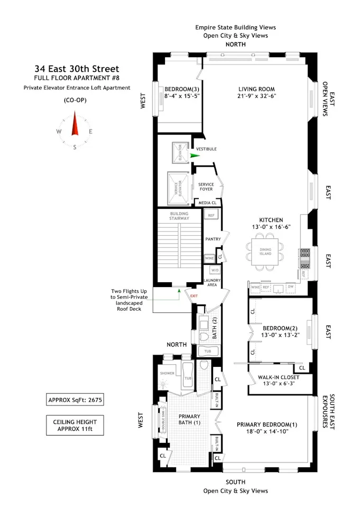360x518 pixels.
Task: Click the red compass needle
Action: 75,124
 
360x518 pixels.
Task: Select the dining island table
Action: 265,250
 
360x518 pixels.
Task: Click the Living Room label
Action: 256,89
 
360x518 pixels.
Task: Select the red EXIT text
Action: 193,295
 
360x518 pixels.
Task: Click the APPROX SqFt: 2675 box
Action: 75,400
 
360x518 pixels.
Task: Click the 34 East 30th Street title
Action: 77,69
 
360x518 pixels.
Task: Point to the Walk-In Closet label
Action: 278,377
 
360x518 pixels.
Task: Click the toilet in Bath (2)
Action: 204,336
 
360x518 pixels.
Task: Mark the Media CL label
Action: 207,202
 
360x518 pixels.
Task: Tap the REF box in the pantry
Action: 210,216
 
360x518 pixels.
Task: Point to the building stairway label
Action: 179,216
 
